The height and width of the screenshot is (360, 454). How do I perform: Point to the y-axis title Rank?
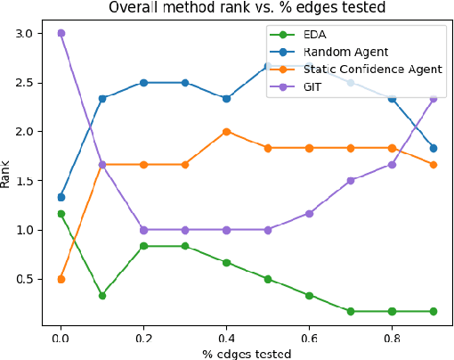[8, 171]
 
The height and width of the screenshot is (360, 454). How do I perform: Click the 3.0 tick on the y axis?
[22, 33]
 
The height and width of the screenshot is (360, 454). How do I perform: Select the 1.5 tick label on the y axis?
[22, 181]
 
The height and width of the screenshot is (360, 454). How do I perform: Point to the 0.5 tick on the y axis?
[22, 279]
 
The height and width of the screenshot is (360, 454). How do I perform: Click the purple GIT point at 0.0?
[61, 33]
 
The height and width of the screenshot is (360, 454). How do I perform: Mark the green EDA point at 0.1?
[102, 295]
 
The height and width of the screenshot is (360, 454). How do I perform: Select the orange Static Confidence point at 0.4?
[226, 131]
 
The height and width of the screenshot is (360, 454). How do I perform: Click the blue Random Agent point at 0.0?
[61, 197]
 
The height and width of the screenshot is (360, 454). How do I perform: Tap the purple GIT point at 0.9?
[434, 99]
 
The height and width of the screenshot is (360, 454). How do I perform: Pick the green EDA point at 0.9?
[434, 311]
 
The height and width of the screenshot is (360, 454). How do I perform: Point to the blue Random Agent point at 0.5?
[268, 66]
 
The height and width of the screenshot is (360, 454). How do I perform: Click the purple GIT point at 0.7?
[351, 180]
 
